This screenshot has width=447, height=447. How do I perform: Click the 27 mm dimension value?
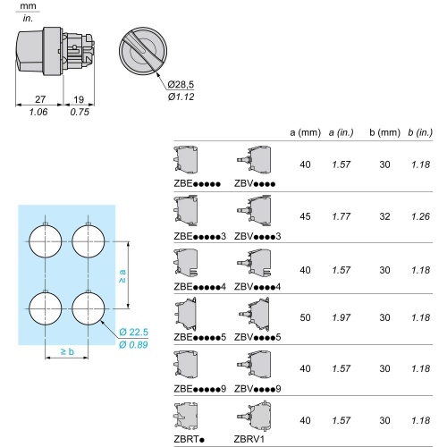pos(40,99)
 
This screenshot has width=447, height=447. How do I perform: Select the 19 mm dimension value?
pos(79,99)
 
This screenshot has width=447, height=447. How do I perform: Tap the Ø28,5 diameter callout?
pos(181,84)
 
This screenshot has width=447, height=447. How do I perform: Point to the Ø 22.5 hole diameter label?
pos(133,332)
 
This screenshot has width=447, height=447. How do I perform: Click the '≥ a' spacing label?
pos(122,276)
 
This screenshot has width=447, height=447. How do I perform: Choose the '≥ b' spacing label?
pos(67,351)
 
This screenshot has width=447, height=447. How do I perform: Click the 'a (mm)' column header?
pos(305,132)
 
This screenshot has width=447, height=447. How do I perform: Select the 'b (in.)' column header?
pos(420,132)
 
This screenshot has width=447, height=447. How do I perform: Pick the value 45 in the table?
pos(305,216)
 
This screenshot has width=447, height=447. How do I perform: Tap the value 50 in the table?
pos(305,317)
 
